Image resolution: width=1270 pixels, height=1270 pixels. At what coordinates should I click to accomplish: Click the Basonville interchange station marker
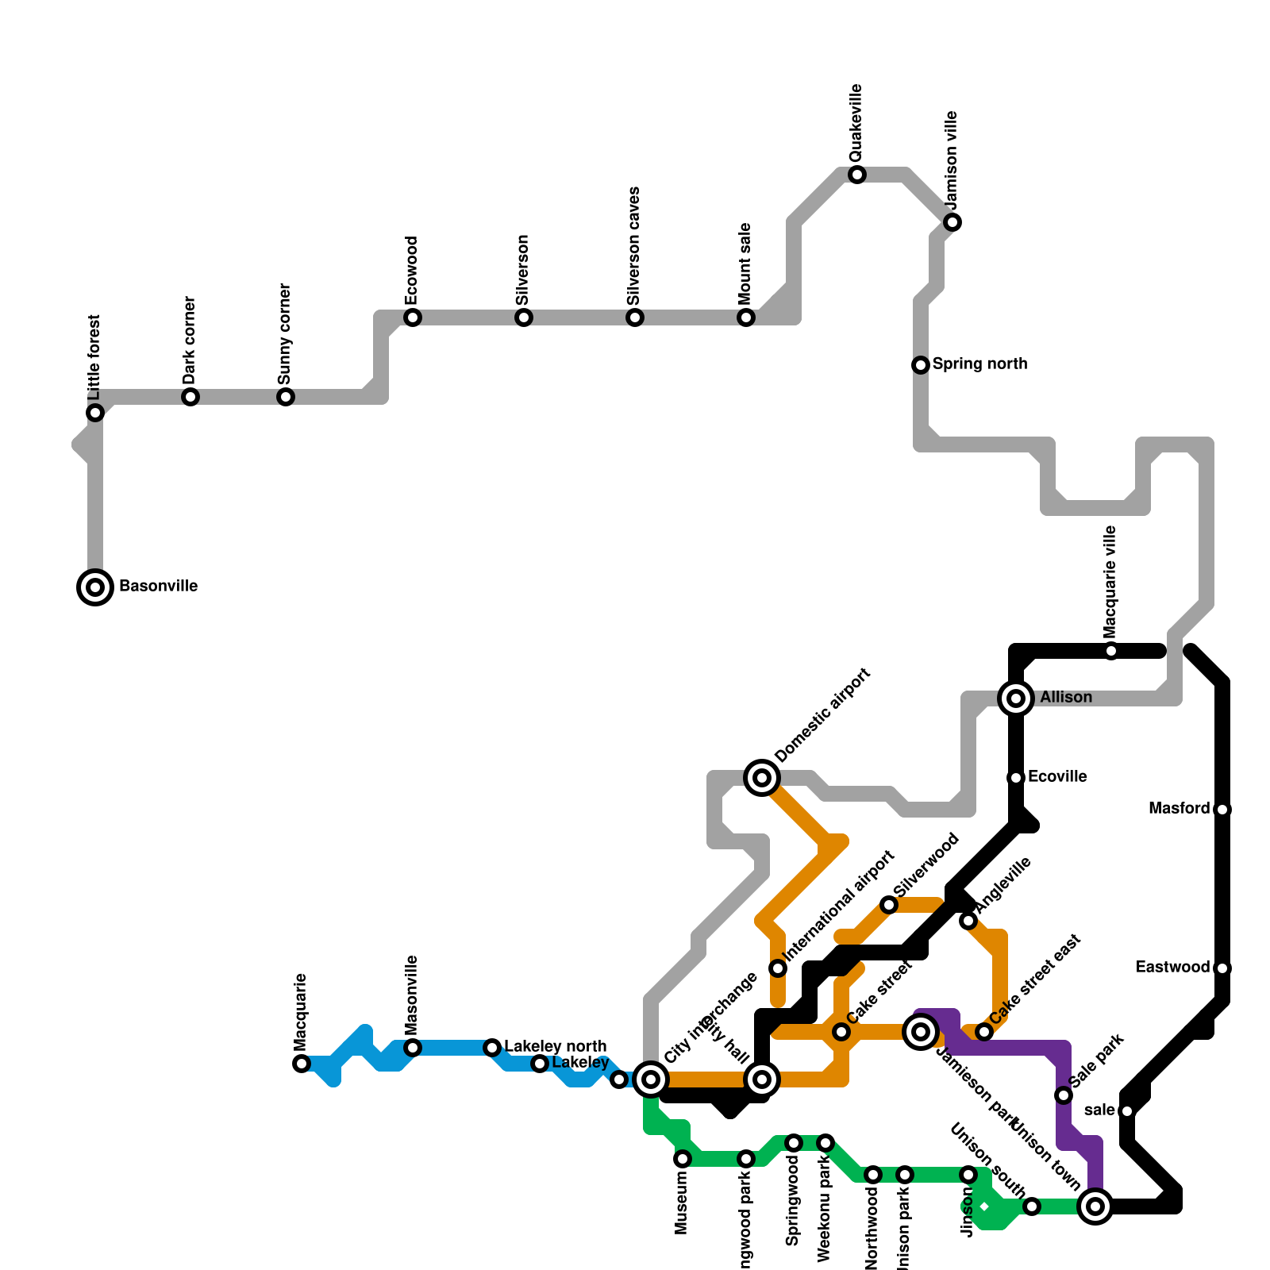[x=95, y=587]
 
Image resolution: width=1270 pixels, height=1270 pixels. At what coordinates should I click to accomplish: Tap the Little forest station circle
[x=95, y=413]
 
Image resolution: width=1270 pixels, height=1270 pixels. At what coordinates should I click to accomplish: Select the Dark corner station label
[x=189, y=339]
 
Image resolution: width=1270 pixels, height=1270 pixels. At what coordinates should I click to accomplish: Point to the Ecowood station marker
[x=413, y=317]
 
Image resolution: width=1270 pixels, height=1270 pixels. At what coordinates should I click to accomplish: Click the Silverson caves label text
[x=633, y=246]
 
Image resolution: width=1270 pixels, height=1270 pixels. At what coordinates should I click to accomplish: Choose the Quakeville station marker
[x=857, y=175]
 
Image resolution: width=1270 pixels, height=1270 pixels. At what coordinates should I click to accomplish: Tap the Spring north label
[x=979, y=364]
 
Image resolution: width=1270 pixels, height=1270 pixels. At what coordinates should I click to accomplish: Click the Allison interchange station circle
[x=1016, y=698]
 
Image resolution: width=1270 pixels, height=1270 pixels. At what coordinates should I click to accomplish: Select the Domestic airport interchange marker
[x=762, y=778]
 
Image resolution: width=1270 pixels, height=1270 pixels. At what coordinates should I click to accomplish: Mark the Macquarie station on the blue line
[x=302, y=1064]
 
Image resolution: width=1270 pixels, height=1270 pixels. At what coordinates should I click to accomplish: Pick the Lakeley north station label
[x=555, y=1046]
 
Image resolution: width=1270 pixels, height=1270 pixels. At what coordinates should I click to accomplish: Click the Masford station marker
[x=1222, y=810]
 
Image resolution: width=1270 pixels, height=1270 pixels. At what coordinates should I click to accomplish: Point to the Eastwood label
[x=1172, y=967]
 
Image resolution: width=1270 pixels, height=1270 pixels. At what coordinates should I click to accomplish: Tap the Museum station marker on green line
[x=683, y=1159]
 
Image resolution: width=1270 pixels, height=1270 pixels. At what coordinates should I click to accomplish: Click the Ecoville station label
[x=1057, y=776]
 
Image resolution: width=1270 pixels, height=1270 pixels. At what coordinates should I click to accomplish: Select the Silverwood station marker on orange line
[x=889, y=905]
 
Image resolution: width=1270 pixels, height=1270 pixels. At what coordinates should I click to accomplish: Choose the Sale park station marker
[x=1064, y=1095]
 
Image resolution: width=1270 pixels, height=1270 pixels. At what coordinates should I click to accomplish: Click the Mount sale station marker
[x=746, y=317]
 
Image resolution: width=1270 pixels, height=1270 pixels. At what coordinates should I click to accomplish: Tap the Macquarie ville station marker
[x=1111, y=651]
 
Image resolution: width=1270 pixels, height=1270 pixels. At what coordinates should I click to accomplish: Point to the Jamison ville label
[x=952, y=159]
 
